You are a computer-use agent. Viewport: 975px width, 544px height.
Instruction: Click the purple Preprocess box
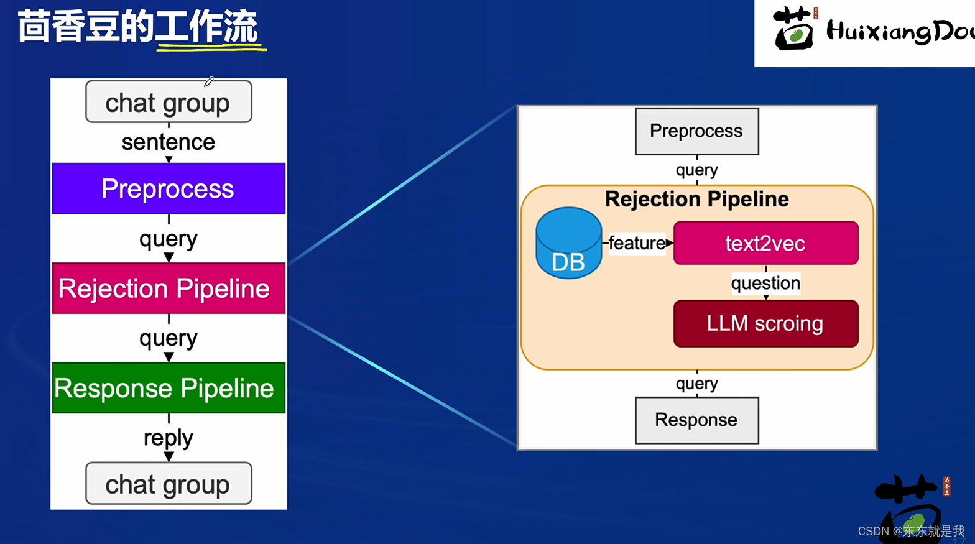tap(169, 188)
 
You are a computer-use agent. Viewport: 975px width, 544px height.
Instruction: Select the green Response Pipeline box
tap(169, 388)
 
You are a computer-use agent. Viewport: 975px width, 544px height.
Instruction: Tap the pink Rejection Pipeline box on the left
tap(169, 288)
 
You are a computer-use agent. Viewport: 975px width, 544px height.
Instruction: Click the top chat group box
tap(169, 102)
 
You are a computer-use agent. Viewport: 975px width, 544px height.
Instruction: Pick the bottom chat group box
tap(169, 484)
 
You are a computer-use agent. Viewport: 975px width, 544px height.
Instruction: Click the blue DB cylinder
tap(568, 244)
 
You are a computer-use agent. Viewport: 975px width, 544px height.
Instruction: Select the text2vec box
tap(765, 243)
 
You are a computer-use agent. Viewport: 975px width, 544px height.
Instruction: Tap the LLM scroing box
tap(765, 323)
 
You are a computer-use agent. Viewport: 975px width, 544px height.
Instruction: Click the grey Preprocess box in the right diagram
tap(696, 131)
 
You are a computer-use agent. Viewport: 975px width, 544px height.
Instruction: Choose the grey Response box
tap(696, 420)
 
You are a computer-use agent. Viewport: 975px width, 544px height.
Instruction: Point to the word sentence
tap(169, 142)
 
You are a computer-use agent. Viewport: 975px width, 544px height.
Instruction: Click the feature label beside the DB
tap(637, 243)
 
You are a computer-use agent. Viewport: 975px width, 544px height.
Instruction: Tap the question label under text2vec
tap(765, 283)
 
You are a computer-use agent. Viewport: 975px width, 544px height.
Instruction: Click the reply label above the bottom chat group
tap(169, 438)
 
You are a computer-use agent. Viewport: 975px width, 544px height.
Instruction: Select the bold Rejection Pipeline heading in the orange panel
tap(696, 199)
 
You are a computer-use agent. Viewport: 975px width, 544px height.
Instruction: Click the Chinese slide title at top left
tap(138, 28)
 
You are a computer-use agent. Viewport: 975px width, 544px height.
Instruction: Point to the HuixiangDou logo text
tap(899, 32)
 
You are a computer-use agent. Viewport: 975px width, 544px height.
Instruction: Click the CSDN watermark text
tap(911, 531)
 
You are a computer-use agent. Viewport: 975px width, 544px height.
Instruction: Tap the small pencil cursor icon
tap(209, 81)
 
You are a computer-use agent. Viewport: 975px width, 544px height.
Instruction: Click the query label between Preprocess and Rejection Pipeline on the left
tap(169, 239)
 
